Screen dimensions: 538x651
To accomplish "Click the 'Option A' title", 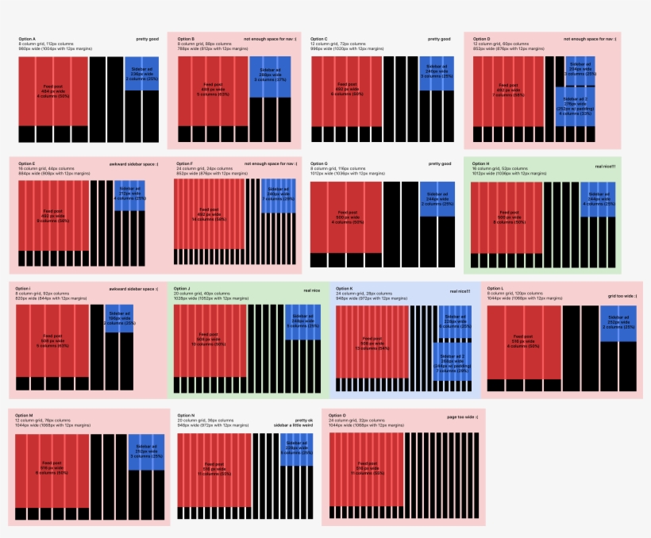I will point(27,38).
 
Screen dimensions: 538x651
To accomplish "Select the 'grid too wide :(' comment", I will point(622,296).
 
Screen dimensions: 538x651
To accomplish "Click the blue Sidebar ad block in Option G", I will point(437,198).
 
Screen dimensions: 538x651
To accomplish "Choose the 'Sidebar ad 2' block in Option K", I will point(453,362).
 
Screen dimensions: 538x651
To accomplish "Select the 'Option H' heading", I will point(481,163).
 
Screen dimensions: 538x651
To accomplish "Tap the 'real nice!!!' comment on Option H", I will point(605,167).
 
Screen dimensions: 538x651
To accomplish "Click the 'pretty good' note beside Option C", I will point(439,38).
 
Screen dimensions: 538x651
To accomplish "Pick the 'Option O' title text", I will point(338,415).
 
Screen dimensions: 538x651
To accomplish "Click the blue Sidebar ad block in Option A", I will point(141,74).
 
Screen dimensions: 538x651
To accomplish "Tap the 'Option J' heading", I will point(183,289).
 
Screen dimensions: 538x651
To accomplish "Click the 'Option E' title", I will point(27,163).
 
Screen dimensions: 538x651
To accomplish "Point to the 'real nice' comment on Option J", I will point(312,291).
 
